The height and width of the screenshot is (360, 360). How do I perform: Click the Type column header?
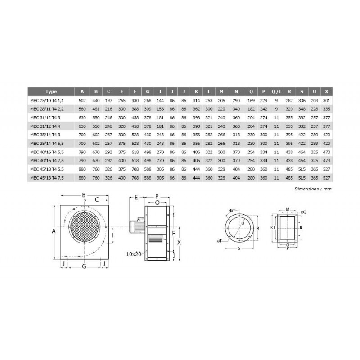[x=51, y=92]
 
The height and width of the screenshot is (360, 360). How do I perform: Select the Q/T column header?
[x=276, y=92]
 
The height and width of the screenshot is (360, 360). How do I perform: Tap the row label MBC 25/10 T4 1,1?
[x=47, y=100]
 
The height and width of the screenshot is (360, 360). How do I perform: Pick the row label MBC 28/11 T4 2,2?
[x=47, y=109]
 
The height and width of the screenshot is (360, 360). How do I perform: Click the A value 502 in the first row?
[x=82, y=100]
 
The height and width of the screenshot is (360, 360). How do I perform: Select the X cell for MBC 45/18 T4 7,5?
[x=327, y=178]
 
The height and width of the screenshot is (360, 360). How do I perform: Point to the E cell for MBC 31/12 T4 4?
[x=122, y=126]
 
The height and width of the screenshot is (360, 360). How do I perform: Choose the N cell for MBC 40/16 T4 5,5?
[x=236, y=152]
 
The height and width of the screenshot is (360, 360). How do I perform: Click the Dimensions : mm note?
[x=313, y=189]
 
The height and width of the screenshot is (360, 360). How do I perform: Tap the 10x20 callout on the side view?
[x=134, y=254]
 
